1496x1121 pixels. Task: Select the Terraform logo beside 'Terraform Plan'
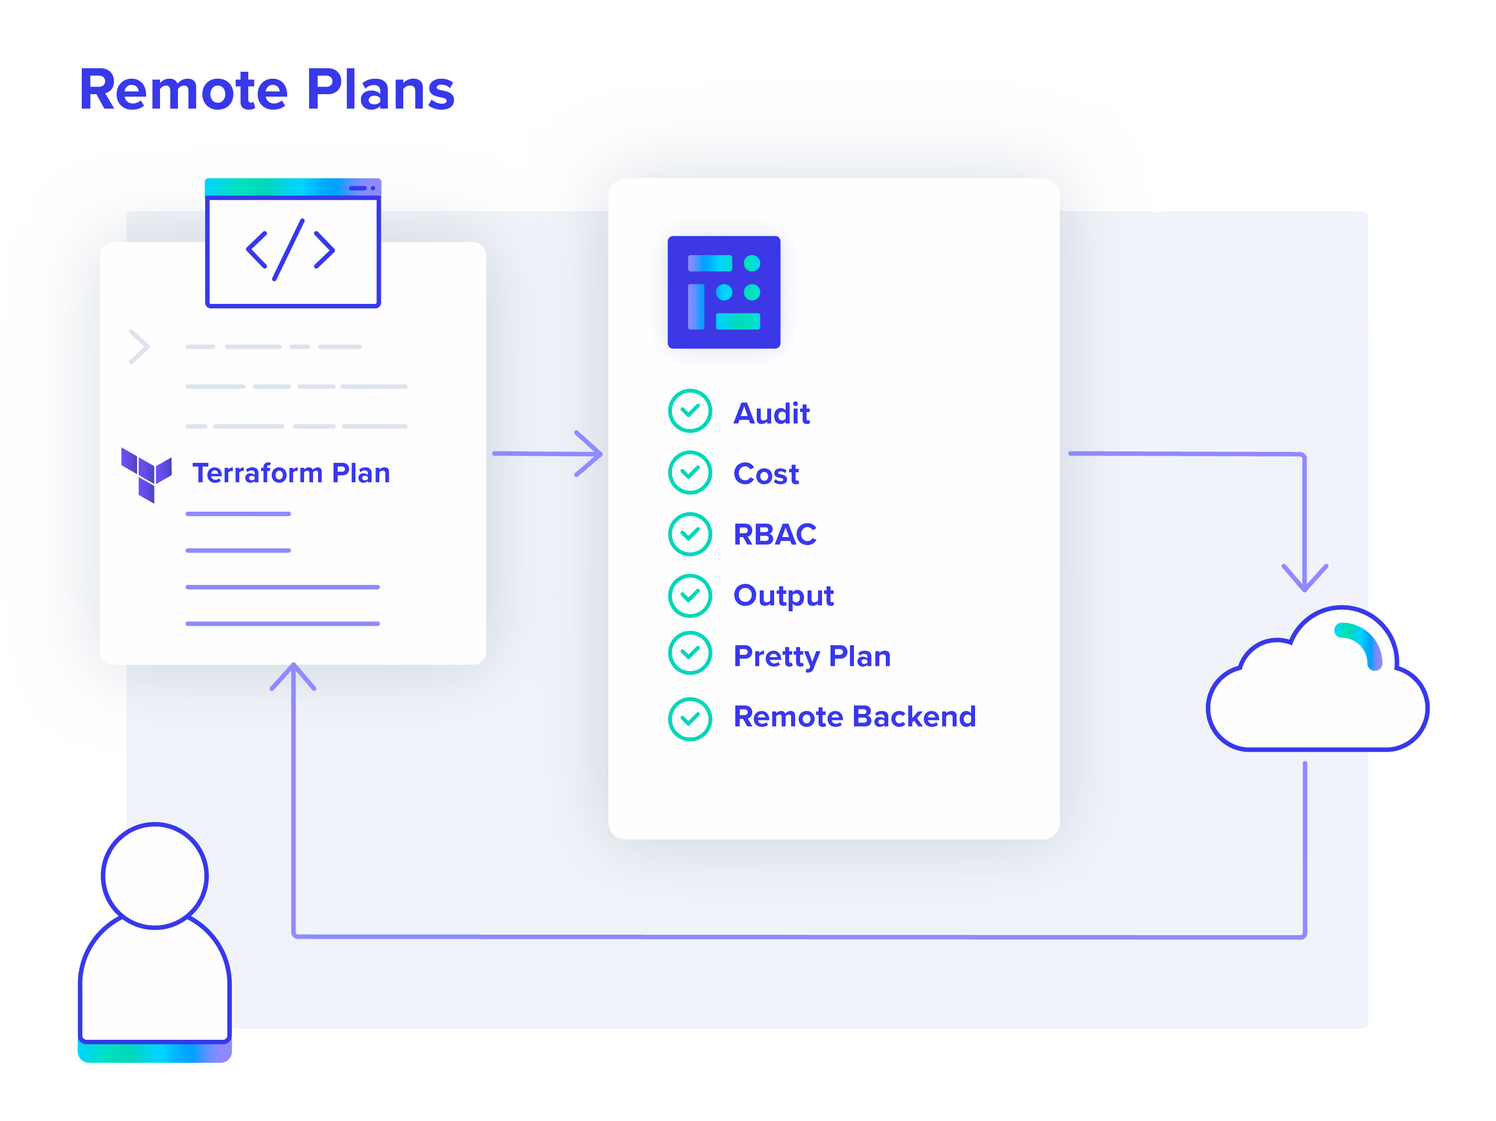tap(146, 475)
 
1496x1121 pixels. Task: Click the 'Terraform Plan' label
tap(291, 473)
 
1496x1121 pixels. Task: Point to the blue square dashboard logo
tap(724, 292)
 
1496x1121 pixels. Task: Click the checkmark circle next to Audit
tap(690, 411)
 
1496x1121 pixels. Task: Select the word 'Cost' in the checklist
tap(766, 473)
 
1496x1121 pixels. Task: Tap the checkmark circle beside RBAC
tap(690, 534)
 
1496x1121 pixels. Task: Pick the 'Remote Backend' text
tap(855, 716)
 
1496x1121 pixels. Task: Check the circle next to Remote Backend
tap(690, 719)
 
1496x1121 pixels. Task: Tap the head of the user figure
tap(155, 875)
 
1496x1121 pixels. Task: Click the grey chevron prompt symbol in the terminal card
tap(139, 347)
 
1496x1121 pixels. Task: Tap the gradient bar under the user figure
tap(155, 1053)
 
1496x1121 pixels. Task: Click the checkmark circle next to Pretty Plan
tap(690, 653)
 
